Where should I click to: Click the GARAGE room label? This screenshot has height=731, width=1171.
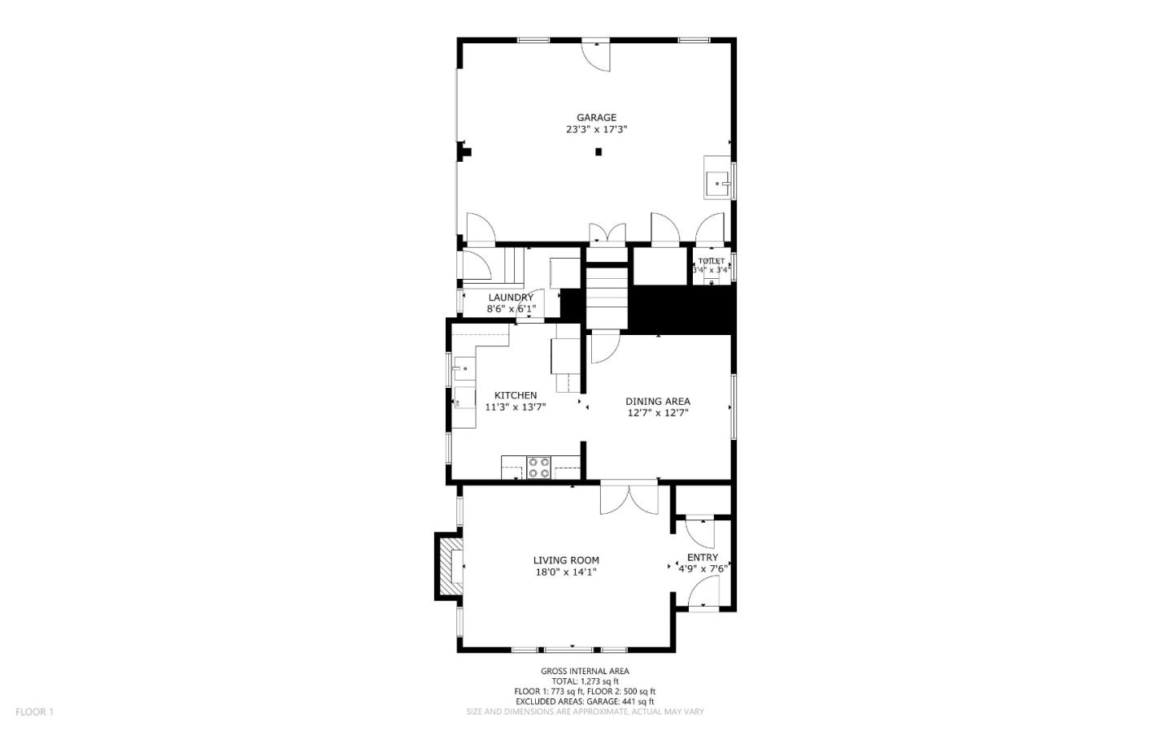click(x=597, y=117)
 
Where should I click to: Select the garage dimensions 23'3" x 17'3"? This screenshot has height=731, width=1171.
click(x=597, y=129)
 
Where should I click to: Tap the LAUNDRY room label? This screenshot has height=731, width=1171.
click(x=511, y=298)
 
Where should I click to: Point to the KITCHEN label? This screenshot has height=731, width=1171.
click(x=516, y=395)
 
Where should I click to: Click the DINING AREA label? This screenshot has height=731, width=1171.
click(x=658, y=401)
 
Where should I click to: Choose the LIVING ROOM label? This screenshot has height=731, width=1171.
click(x=566, y=560)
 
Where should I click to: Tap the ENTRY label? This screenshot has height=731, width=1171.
click(x=703, y=557)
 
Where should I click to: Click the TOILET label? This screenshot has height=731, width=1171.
click(x=711, y=261)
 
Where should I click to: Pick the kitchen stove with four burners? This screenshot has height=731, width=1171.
click(x=538, y=468)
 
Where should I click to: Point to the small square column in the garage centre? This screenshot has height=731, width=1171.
click(x=599, y=151)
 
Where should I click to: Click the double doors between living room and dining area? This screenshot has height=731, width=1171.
click(x=629, y=498)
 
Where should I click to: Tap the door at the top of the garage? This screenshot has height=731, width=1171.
click(x=595, y=55)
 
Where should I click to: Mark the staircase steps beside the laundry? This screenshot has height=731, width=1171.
click(x=608, y=299)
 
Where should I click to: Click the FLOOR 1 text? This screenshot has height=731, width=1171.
click(x=34, y=711)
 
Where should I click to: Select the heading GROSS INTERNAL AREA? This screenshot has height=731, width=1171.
click(x=585, y=671)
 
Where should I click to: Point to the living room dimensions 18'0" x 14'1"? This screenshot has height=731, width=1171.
click(x=566, y=572)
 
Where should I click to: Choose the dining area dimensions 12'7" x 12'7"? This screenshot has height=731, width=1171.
click(x=658, y=412)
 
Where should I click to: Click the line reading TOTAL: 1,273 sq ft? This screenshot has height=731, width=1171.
click(x=585, y=681)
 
